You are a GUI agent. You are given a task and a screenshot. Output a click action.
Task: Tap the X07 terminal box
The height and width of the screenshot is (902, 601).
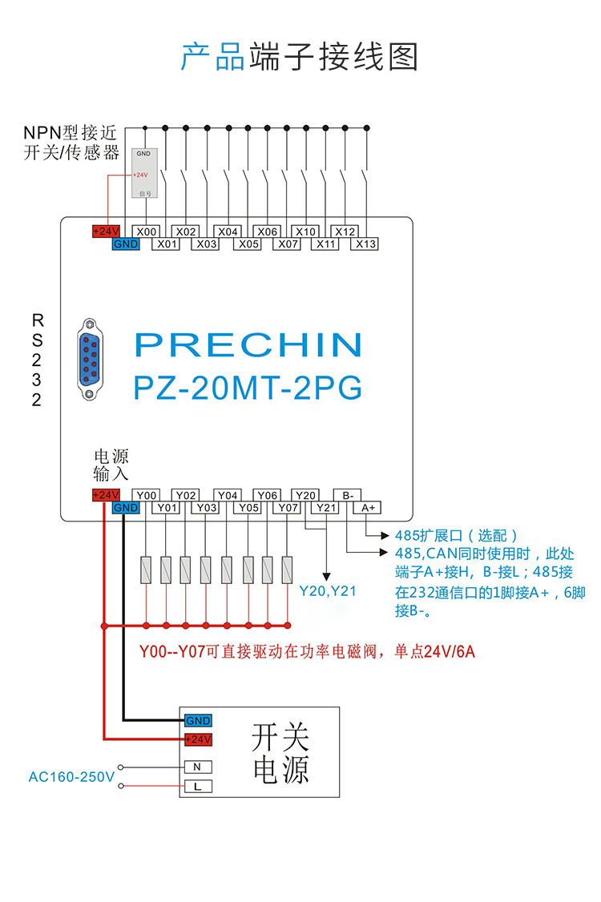coord(287,244)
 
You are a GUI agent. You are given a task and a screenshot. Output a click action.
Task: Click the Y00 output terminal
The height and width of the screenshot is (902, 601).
coord(145,495)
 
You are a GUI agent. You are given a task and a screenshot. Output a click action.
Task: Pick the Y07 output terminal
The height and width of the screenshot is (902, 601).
coord(287,508)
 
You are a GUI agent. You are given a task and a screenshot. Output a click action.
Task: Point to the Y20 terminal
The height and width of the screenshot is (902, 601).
coord(306,495)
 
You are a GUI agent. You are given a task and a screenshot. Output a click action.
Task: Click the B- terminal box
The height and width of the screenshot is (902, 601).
coord(348,495)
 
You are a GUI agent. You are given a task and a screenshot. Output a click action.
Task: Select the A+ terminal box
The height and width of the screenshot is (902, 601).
coord(368,508)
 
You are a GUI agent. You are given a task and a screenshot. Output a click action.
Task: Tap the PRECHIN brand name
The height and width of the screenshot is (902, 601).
coord(248,344)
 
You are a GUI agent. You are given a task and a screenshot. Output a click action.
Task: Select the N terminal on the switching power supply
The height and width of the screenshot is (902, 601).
coord(197,767)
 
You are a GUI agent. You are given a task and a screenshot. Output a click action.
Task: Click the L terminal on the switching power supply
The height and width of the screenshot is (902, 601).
coord(197,787)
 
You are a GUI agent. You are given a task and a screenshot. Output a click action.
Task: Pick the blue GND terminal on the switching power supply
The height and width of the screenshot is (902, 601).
coord(197,721)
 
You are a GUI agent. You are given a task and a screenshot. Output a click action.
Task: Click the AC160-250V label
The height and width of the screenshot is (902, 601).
coord(71,777)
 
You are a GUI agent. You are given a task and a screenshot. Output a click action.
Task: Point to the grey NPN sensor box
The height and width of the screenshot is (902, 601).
coord(144,173)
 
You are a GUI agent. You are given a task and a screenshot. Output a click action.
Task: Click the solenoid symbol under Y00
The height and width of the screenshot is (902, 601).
coord(146,570)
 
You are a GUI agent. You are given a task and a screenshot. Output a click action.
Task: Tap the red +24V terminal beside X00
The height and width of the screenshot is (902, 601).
coord(106,232)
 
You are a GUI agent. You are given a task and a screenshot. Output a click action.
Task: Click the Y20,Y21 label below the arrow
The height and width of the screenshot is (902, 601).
coord(327,592)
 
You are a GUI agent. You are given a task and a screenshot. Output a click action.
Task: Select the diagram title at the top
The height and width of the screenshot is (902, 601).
coord(300,58)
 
